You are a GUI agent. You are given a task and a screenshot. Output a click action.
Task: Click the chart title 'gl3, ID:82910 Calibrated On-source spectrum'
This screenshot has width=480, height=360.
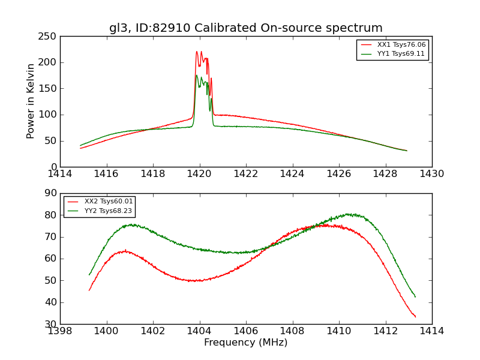point(245,28)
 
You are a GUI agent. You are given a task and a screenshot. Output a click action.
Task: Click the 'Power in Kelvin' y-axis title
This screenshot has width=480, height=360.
point(31,101)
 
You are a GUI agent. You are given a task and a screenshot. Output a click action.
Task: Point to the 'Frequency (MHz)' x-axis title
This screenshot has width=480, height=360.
point(245,343)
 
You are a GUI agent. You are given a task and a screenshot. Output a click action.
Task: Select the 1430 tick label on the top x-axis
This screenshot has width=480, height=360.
point(431,174)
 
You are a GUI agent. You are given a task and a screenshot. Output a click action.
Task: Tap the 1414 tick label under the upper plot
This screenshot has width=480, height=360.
point(60,174)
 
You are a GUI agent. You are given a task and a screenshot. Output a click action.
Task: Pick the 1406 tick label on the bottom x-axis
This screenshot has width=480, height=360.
point(246,331)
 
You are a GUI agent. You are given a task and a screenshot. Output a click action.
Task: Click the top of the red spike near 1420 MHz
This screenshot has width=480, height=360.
point(197,52)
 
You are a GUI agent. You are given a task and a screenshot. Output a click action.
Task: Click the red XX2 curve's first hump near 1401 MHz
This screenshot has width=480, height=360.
point(124,251)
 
